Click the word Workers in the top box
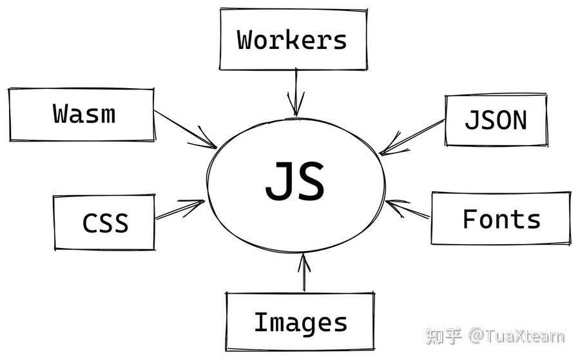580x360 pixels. [x=292, y=40]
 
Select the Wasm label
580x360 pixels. [x=84, y=113]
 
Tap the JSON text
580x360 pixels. [x=496, y=120]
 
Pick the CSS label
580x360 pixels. [x=106, y=223]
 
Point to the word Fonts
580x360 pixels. [x=501, y=219]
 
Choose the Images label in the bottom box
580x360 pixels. [x=301, y=323]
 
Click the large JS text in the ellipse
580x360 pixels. [x=295, y=181]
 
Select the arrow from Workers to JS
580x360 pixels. [x=296, y=92]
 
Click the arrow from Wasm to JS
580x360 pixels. [x=186, y=129]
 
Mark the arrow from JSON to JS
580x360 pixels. [x=412, y=137]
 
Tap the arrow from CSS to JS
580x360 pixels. [x=180, y=209]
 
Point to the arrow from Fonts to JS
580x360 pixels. [x=407, y=209]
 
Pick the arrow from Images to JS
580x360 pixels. [x=304, y=272]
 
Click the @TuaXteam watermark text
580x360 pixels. [x=516, y=336]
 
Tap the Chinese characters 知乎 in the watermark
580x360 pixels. [x=443, y=336]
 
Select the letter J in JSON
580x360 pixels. [x=471, y=120]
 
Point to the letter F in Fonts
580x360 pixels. [x=470, y=218]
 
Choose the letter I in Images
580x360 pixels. [x=261, y=321]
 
